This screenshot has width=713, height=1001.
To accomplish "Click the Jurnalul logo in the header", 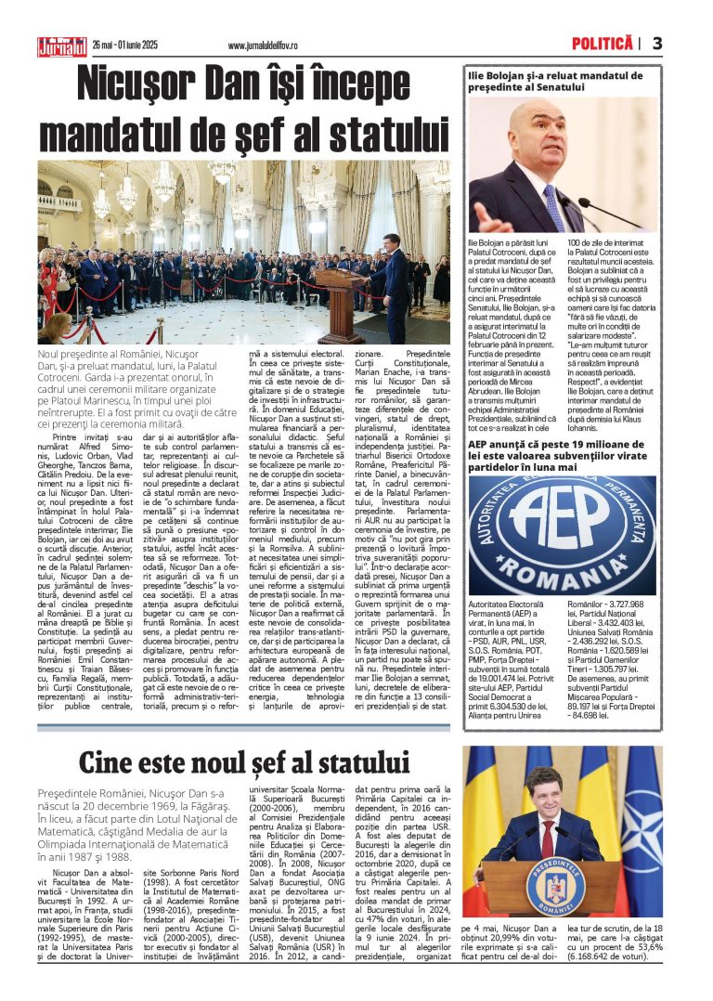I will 61,45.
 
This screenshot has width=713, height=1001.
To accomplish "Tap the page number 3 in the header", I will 657,44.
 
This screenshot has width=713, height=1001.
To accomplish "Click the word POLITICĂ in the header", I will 602,44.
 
